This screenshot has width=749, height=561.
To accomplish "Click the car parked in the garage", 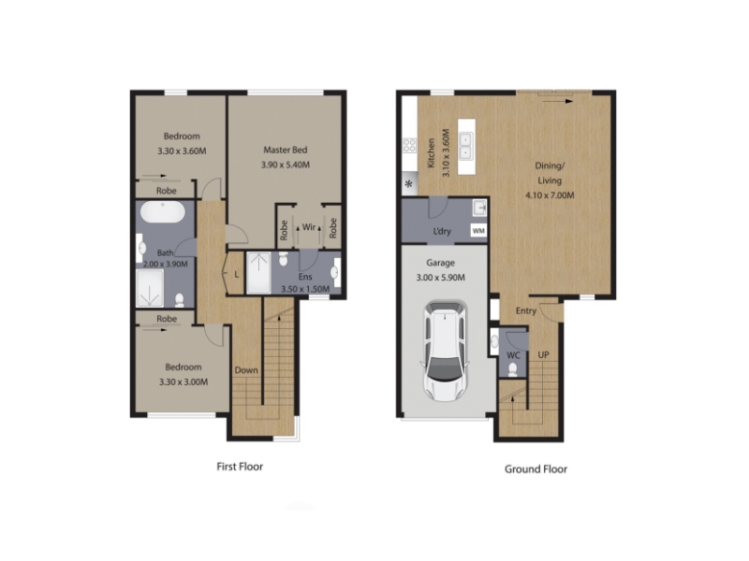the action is click(x=445, y=351).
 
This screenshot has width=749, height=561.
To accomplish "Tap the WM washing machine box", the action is click(x=478, y=231).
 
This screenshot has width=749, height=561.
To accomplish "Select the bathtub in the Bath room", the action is click(x=162, y=212).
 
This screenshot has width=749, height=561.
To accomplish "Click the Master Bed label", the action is click(x=286, y=150).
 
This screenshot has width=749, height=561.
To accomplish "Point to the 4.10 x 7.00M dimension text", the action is click(x=550, y=195).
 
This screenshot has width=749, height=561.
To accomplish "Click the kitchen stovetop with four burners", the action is click(x=409, y=146).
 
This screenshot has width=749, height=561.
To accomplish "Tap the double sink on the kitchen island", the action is click(x=465, y=146).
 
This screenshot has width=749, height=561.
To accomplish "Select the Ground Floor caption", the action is click(x=536, y=469).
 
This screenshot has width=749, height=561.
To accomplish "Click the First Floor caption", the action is click(x=240, y=467).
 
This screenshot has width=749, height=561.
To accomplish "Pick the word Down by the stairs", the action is click(x=246, y=370).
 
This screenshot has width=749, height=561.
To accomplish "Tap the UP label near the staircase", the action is click(x=544, y=355).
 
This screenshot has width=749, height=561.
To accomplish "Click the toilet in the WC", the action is click(x=513, y=369).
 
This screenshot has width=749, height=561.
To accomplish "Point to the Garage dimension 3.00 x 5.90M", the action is click(x=440, y=278).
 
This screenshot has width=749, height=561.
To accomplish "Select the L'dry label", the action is click(x=442, y=231).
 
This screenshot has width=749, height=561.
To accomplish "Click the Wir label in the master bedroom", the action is click(x=309, y=227).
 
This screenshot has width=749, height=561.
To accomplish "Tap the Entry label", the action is click(x=526, y=311).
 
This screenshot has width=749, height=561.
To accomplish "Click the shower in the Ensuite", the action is click(x=258, y=273).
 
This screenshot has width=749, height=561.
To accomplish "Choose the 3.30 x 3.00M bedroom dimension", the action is click(x=184, y=382).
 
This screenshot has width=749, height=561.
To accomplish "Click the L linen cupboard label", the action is click(x=237, y=275).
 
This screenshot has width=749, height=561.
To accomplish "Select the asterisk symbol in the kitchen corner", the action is click(x=409, y=184).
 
